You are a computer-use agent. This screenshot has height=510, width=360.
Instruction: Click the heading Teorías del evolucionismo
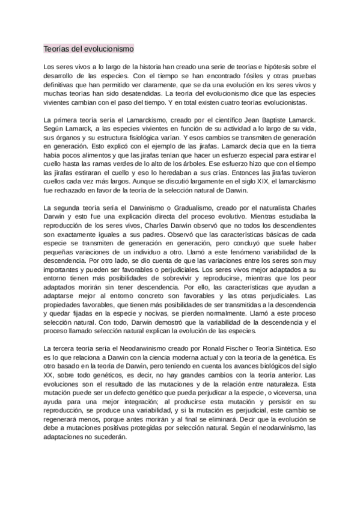click(x=88, y=48)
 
